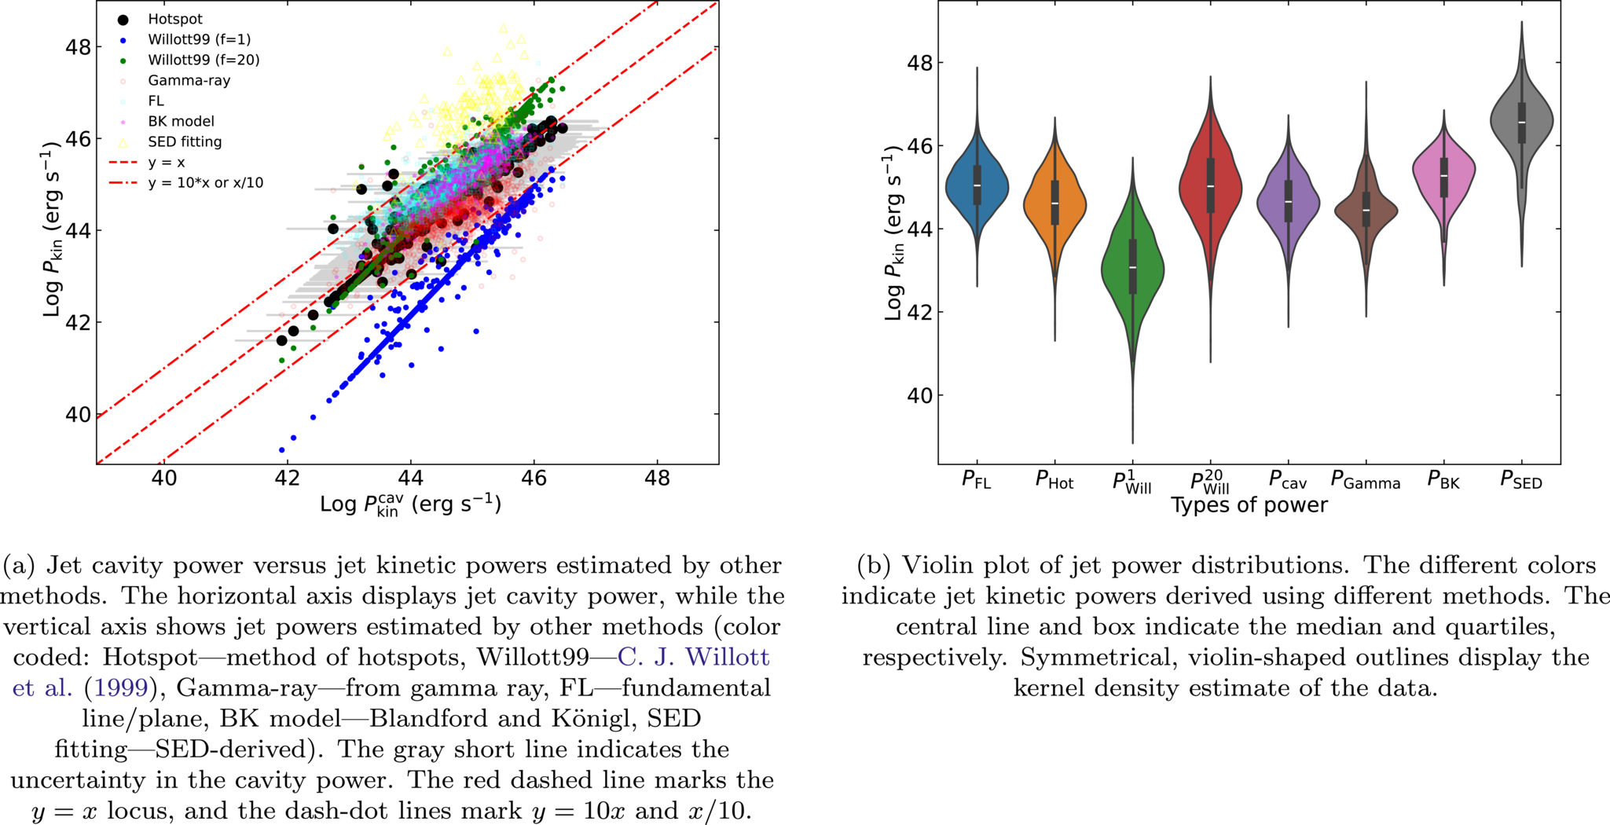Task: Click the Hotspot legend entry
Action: tap(163, 19)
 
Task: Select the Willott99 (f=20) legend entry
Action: tap(189, 60)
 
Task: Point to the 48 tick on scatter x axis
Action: tap(657, 478)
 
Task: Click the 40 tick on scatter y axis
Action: tap(77, 414)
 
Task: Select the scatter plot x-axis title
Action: tap(410, 504)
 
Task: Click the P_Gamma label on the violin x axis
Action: tap(1366, 481)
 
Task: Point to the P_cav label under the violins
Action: tap(1288, 481)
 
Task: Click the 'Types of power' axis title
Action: tap(1249, 505)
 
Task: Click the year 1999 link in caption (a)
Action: tap(121, 687)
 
